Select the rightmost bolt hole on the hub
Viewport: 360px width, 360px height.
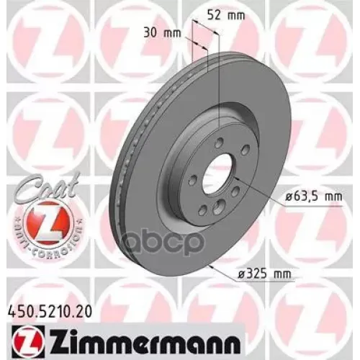click(x=246, y=150)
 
